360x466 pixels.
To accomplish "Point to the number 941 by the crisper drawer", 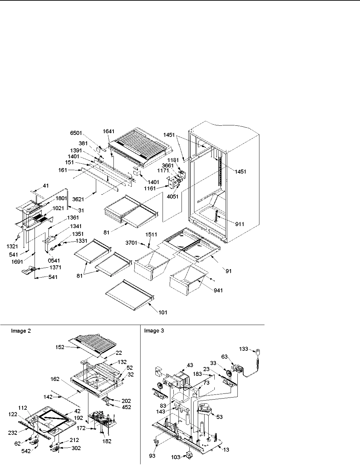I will click(x=218, y=290).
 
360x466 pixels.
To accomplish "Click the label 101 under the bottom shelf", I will click(x=163, y=312).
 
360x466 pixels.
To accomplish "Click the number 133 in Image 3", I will click(x=243, y=349).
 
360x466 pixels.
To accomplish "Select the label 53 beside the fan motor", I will click(x=219, y=417).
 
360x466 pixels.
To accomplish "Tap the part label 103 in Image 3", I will click(x=176, y=457).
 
